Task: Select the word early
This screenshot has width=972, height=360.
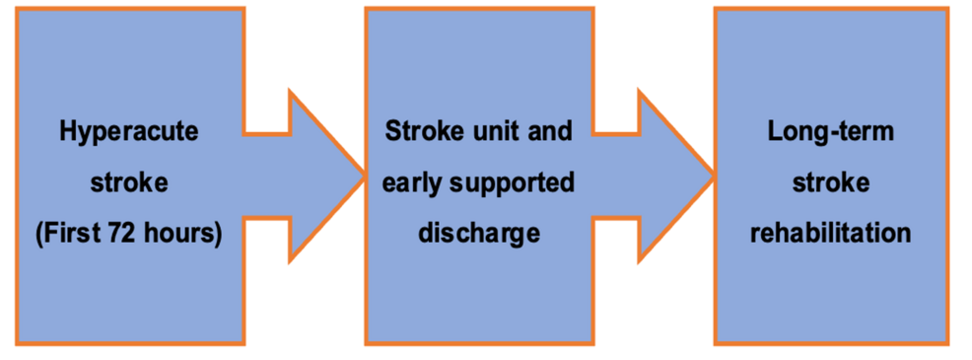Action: (415, 182)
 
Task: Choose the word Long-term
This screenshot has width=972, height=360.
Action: (830, 131)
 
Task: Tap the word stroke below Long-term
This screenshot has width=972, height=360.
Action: (830, 182)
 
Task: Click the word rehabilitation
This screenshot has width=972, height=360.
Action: (830, 234)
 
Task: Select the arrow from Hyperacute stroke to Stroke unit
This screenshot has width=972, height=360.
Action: (311, 178)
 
